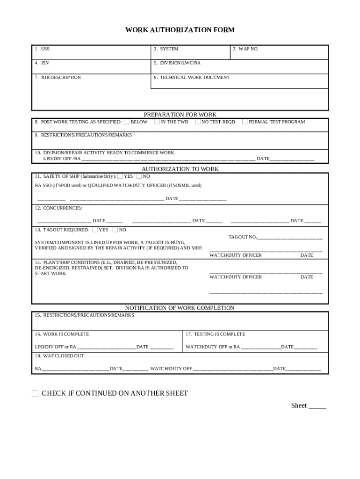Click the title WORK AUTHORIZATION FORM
click(180, 30)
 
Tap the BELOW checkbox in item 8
click(127, 122)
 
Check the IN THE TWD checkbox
click(157, 122)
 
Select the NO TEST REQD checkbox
click(198, 122)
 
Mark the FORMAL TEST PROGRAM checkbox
click(245, 122)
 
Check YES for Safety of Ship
click(120, 176)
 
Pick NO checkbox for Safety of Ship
click(139, 176)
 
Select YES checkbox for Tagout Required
click(95, 230)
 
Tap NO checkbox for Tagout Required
click(115, 230)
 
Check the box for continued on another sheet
click(35, 393)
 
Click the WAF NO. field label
click(245, 49)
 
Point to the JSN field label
click(42, 63)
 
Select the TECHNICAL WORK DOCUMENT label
click(192, 78)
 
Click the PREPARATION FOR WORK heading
click(180, 115)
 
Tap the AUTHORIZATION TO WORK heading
click(180, 169)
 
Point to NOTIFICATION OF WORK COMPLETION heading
click(180, 308)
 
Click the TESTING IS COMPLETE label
click(215, 334)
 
